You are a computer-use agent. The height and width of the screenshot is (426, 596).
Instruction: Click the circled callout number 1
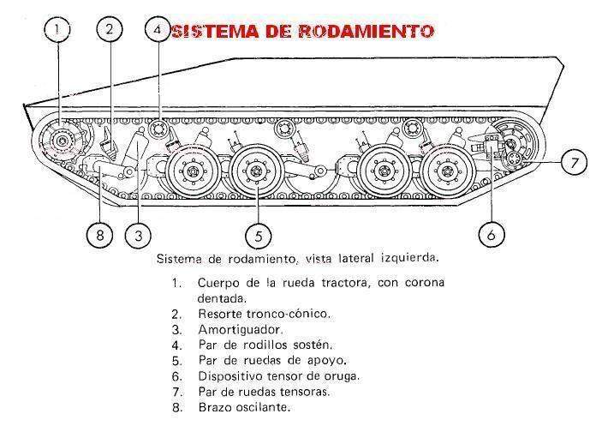pos(57,29)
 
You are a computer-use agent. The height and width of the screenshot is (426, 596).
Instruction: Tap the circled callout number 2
pos(109,29)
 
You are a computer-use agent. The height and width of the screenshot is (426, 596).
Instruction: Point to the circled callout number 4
pos(157,29)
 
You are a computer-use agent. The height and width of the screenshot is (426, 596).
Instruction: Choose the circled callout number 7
pos(573,161)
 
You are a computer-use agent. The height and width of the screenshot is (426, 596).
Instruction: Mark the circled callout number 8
pos(99,234)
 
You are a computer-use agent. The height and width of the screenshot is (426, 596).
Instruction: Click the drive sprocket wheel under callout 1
pos(60,141)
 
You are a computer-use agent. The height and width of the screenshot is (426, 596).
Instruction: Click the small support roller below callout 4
pos(158,130)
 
